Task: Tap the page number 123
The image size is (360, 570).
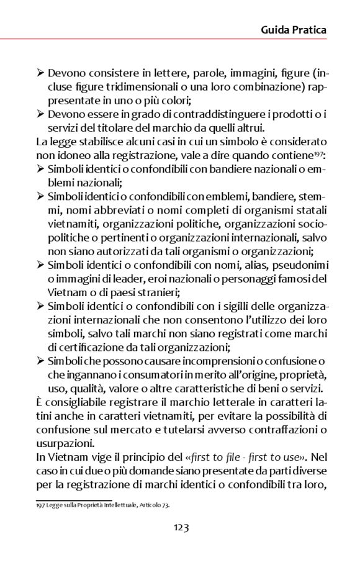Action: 181,528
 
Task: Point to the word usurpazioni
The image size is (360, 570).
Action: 63,443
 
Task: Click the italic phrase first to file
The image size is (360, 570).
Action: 217,457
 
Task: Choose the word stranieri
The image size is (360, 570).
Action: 176,292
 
